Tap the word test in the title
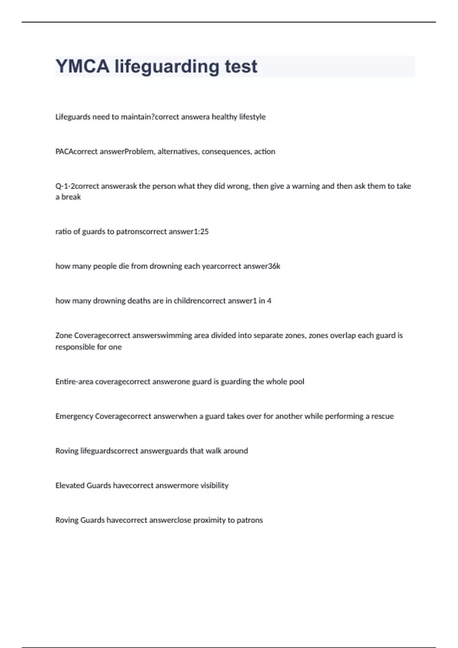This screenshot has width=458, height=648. point(241,66)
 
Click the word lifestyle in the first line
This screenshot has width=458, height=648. point(252,117)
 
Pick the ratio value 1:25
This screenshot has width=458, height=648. point(202,232)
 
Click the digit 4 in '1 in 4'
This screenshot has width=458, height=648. point(269,301)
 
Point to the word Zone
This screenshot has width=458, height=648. point(63,336)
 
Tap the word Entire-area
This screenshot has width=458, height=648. point(74,382)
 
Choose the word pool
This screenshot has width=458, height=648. point(296,382)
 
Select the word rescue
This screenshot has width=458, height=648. point(382,417)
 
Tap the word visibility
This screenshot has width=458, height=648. point(214,486)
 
